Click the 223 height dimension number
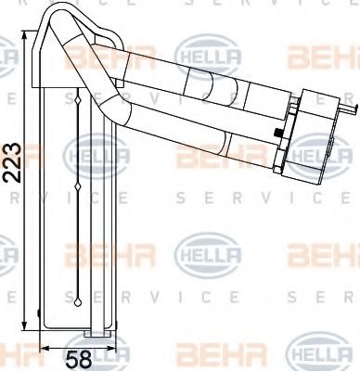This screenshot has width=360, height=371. point(12,162)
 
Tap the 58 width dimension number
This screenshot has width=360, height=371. point(79,360)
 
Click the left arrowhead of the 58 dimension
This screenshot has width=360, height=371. point(45,348)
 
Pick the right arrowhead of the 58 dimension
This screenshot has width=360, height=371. point(112,348)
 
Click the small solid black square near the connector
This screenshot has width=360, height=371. point(278,133)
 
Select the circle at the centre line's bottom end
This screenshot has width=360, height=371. point(78,302)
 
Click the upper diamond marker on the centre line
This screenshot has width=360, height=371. point(78,100)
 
